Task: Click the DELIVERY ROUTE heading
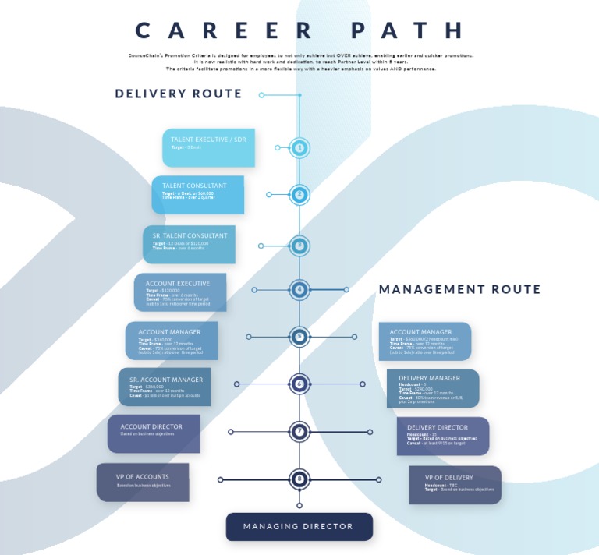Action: [x=179, y=94]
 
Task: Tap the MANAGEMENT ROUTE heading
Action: [x=459, y=289]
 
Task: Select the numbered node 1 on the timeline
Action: [x=299, y=147]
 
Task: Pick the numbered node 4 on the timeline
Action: [x=299, y=290]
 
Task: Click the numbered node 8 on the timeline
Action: [x=299, y=479]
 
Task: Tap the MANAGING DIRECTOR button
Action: [x=299, y=527]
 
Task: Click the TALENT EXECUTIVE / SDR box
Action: [x=208, y=147]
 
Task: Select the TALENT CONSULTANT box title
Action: [x=194, y=186]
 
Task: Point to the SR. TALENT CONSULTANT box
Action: [x=189, y=244]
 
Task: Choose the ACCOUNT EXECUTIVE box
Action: [x=179, y=292]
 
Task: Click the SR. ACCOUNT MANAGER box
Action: [x=165, y=387]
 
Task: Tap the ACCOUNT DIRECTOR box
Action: [x=154, y=433]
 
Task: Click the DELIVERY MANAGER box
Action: [x=433, y=388]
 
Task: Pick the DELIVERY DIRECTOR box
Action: [x=442, y=436]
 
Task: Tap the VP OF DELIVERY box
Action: [x=455, y=485]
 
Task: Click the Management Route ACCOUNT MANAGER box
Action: [x=425, y=341]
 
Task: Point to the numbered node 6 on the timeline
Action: [x=299, y=384]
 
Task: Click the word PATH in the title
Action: [x=408, y=30]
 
